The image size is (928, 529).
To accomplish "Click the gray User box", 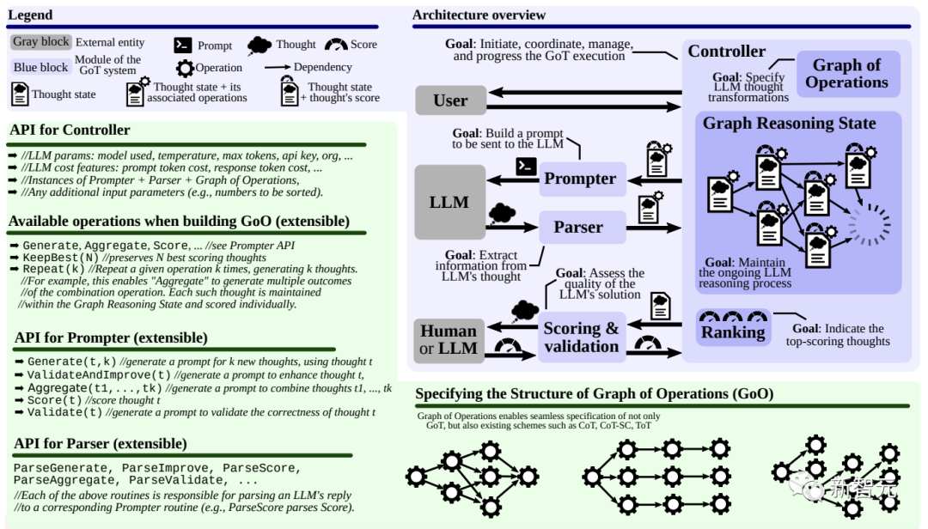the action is click(450, 100).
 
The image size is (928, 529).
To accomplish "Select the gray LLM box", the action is click(449, 203).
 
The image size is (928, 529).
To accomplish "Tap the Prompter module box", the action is click(583, 179).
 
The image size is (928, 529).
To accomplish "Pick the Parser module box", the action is click(583, 228).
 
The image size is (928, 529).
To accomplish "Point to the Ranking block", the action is click(733, 328).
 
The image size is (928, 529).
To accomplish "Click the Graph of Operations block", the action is click(847, 73).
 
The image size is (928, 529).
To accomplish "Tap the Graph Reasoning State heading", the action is click(789, 123).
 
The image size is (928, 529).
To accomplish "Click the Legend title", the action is click(29, 15).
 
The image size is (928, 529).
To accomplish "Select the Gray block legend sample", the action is click(41, 42).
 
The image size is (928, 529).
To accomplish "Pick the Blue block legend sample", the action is click(41, 67).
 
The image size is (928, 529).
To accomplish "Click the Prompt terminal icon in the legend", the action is click(183, 45).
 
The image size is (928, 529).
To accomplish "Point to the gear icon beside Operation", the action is click(186, 68).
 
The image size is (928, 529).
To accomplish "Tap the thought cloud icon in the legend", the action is click(259, 45).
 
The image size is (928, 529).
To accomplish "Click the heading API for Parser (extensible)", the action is click(100, 444).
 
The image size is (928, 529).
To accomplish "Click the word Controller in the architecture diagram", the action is click(726, 52).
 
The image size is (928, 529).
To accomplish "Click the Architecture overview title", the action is click(479, 15).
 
